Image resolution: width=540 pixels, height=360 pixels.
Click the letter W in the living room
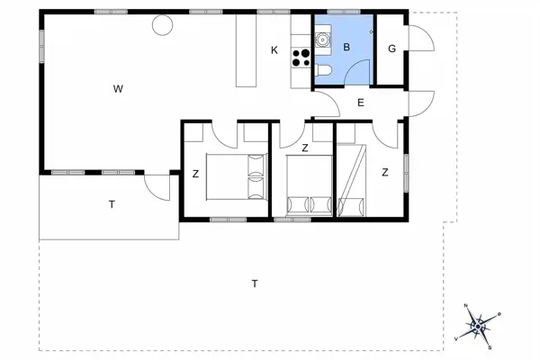117,88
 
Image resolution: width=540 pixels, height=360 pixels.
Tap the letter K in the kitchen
274,50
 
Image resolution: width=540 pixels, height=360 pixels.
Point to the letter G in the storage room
391,49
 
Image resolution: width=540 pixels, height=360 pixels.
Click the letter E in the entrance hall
360,103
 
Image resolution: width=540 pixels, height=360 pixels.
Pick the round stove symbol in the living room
162,25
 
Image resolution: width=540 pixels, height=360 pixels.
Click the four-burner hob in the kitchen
301,58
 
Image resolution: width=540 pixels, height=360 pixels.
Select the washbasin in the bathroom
323,40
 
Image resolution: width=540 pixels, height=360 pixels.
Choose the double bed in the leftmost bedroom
238,175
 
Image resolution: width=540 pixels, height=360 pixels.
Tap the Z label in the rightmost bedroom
384,173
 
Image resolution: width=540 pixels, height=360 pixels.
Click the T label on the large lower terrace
255,284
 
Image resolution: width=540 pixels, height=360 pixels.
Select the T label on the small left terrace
112,205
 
